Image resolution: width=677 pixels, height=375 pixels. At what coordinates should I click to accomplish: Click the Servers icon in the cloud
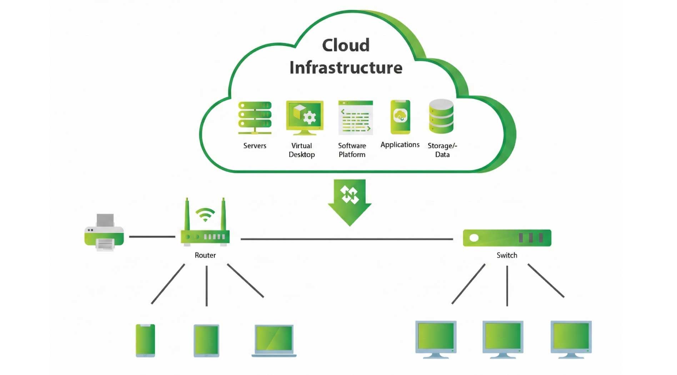(x=255, y=118)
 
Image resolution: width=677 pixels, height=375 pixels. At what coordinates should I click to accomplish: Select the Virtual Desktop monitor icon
(x=305, y=117)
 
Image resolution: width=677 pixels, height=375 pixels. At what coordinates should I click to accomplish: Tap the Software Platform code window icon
(x=355, y=117)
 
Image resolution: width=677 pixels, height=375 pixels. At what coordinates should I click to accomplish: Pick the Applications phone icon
(x=400, y=117)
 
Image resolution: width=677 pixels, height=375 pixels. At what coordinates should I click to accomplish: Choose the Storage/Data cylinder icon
(x=441, y=116)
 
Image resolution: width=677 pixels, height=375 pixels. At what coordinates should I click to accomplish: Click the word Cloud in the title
(x=346, y=45)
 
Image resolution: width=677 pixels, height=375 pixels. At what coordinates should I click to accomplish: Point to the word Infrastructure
(x=346, y=67)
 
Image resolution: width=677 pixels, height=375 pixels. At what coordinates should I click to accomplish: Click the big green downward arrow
(x=350, y=202)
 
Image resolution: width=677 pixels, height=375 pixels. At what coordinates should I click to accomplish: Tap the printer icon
(x=104, y=233)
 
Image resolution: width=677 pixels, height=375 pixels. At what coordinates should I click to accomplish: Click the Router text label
(x=205, y=255)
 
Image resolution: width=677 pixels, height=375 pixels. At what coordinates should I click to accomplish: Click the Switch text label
(x=507, y=255)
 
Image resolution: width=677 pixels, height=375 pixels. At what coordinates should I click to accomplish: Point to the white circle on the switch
(x=474, y=238)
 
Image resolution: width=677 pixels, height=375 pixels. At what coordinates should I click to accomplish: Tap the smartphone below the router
(x=145, y=340)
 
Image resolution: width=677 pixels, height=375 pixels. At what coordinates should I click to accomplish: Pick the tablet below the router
(x=206, y=340)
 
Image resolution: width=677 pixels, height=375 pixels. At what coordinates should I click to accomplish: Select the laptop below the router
(x=274, y=340)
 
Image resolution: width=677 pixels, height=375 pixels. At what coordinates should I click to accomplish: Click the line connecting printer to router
(x=152, y=236)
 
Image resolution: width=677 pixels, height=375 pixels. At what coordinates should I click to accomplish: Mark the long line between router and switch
(x=346, y=239)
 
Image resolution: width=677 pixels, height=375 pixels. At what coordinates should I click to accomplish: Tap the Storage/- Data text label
(x=442, y=150)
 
